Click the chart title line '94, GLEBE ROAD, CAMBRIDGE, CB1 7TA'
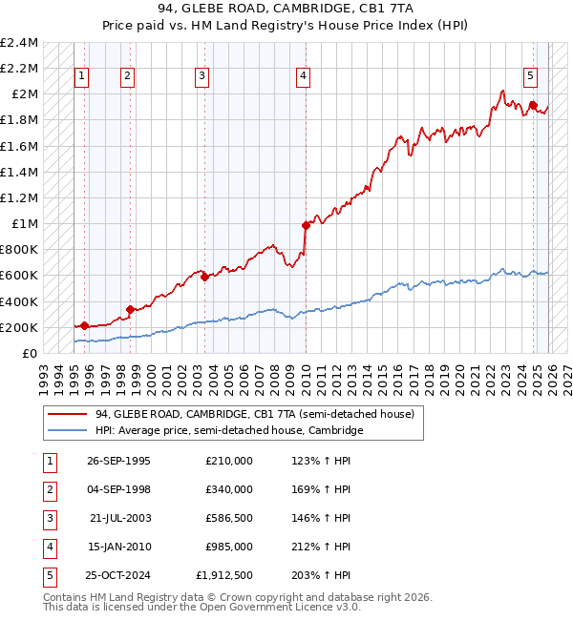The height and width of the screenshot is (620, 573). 286,10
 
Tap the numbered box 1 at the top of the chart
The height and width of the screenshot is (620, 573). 82,77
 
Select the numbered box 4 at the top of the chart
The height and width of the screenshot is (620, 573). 303,77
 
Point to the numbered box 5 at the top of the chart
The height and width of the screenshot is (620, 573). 530,77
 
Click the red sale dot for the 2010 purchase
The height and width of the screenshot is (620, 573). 306,226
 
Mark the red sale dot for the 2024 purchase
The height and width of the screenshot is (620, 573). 533,105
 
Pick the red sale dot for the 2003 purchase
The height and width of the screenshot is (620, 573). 204,278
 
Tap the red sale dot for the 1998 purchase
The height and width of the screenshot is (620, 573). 129,309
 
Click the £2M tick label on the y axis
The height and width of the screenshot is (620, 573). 22,94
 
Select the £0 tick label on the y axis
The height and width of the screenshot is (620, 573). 29,354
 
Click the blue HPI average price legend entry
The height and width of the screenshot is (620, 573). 229,431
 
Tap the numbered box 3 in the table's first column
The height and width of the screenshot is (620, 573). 49,518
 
